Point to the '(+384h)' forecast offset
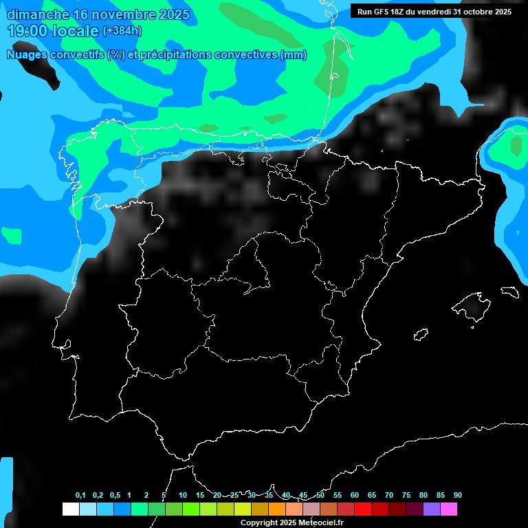click(x=123, y=31)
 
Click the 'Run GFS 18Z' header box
click(x=434, y=11)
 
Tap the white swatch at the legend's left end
click(x=70, y=509)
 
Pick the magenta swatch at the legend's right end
click(x=448, y=509)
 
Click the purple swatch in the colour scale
click(x=431, y=509)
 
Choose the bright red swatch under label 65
click(x=362, y=509)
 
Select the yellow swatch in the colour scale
click(x=242, y=509)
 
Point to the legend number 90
click(x=457, y=496)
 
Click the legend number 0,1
click(x=80, y=496)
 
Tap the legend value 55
click(x=337, y=496)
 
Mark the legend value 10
click(x=182, y=496)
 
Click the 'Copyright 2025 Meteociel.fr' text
click(x=292, y=522)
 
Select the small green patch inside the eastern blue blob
click(x=516, y=145)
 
